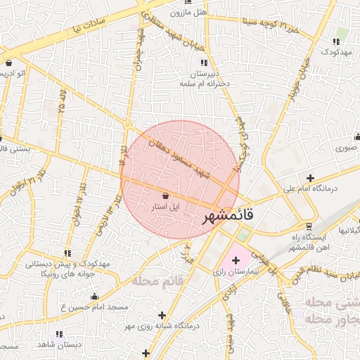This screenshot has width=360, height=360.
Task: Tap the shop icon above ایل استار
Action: (x=165, y=195)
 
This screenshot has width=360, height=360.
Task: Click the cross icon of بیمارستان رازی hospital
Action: (x=236, y=260)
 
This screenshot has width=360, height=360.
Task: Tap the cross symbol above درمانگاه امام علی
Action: (x=310, y=177)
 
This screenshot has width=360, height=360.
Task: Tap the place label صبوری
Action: (x=345, y=148)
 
